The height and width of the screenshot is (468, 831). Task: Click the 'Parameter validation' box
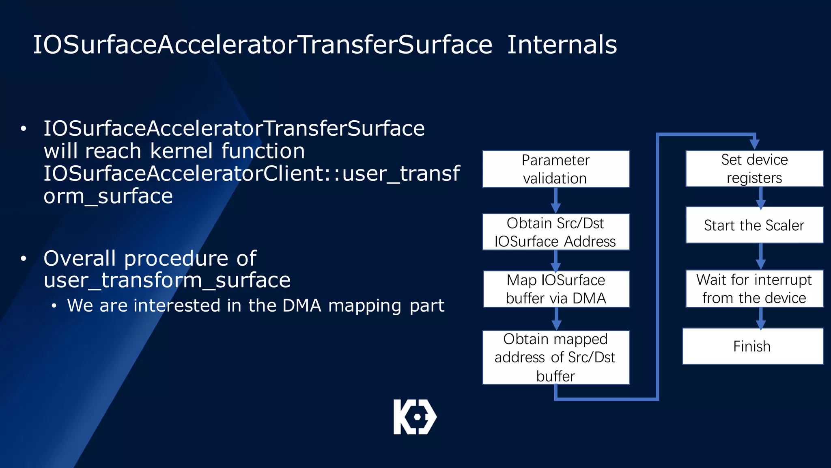click(x=555, y=169)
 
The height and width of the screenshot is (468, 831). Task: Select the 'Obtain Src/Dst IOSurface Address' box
click(x=555, y=232)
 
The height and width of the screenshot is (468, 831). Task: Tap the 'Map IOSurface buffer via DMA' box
click(x=556, y=289)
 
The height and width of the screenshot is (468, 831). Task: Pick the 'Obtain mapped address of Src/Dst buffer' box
click(x=555, y=357)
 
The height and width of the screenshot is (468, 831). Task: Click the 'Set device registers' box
click(x=754, y=169)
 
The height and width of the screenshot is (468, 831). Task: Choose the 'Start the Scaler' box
click(x=754, y=225)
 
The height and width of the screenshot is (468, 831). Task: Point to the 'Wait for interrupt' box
click(x=754, y=288)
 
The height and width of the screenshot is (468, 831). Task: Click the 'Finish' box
click(x=752, y=346)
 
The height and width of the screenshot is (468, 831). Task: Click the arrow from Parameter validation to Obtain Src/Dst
click(x=556, y=201)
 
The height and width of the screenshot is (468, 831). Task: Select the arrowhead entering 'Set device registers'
click(x=754, y=144)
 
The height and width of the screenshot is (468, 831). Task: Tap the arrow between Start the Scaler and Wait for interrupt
click(x=761, y=257)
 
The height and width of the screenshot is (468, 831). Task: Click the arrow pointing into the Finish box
click(x=761, y=318)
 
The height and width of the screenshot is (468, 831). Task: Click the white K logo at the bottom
click(x=415, y=417)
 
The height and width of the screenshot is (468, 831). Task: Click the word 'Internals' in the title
click(x=562, y=45)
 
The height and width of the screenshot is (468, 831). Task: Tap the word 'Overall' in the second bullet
click(x=80, y=258)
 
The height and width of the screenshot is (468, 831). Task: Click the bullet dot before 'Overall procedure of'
click(x=24, y=258)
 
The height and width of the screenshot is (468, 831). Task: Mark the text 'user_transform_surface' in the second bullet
click(x=167, y=280)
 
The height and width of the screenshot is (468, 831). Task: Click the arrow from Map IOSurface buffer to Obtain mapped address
click(x=556, y=319)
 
